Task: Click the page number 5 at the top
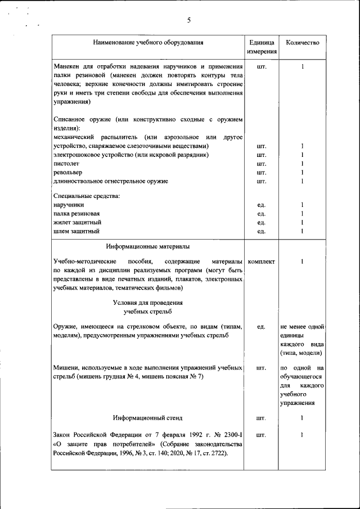[x=189, y=21]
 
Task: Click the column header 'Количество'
[x=303, y=42]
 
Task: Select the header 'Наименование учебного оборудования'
[x=148, y=42]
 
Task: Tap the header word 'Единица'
[x=262, y=43]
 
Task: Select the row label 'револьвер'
[x=67, y=172]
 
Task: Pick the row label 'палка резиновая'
[x=77, y=214]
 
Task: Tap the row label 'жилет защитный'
[x=77, y=223]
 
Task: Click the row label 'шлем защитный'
[x=76, y=231]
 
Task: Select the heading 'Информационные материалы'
[x=147, y=246]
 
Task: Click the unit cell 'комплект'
[x=261, y=262]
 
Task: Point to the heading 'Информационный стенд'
[x=147, y=418]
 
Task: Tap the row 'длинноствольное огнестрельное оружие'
[x=111, y=181]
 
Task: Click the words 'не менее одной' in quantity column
[x=302, y=327]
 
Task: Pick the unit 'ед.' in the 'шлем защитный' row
[x=261, y=231]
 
